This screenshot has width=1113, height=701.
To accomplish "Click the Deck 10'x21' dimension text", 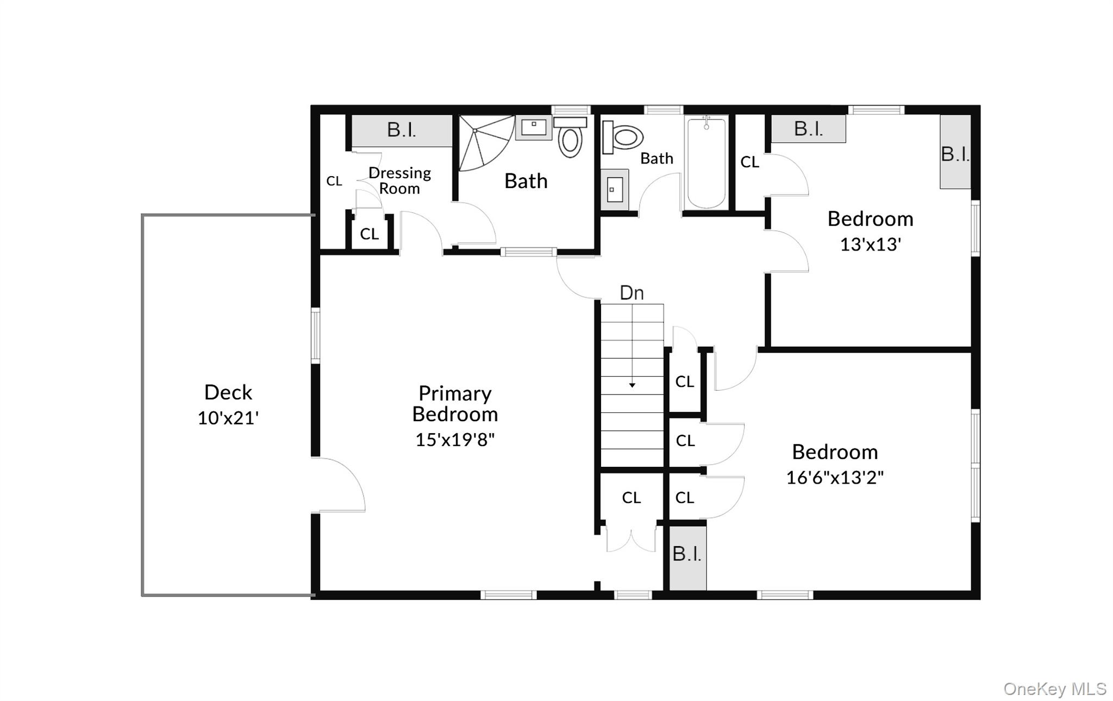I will [x=228, y=418].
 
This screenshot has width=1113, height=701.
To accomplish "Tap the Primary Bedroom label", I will [x=455, y=403].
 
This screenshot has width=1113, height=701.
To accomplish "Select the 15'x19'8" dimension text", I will [x=455, y=440].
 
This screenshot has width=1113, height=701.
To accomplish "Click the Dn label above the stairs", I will [x=632, y=293].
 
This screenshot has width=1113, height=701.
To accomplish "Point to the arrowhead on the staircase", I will [x=632, y=385].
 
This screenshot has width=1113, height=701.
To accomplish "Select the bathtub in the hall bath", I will [x=706, y=163].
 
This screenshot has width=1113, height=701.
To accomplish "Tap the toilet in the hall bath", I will [x=623, y=137].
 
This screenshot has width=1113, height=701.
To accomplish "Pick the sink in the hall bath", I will [x=615, y=190].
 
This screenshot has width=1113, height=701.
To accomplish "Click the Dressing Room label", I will [x=399, y=180].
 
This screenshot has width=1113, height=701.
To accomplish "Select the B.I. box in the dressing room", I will [x=402, y=130].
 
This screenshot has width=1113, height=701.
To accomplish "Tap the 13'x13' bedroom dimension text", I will [x=871, y=245].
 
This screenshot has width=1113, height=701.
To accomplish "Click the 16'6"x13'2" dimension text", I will [x=835, y=478].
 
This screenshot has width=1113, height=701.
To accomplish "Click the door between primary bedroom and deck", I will [x=340, y=485].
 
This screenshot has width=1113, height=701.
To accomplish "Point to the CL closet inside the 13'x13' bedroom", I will [x=749, y=162].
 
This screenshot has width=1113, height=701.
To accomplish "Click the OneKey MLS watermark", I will [x=1054, y=689].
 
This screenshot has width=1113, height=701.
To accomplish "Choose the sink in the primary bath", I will [x=534, y=128].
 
